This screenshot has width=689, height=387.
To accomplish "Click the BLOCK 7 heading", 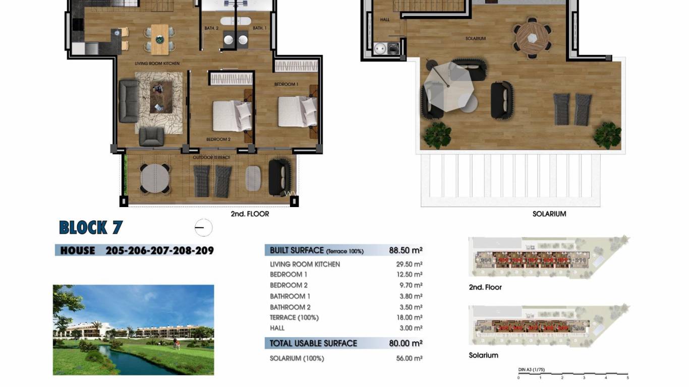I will (x=91, y=228).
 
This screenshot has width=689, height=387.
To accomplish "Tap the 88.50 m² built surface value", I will (x=406, y=250).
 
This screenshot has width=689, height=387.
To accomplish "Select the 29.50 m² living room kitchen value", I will (x=409, y=264).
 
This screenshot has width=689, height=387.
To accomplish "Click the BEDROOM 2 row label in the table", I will (x=289, y=285).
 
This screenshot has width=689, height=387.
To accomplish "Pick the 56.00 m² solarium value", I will (x=409, y=358).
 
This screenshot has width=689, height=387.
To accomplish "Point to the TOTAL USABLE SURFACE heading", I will (x=313, y=343).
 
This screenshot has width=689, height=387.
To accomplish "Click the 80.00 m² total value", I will (x=406, y=343).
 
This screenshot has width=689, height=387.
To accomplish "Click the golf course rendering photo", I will (x=133, y=330).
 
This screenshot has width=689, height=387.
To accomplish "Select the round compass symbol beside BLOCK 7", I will (x=203, y=228).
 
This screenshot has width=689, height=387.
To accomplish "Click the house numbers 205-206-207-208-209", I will (x=159, y=250).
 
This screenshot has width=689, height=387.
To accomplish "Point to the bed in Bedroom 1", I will (x=298, y=111).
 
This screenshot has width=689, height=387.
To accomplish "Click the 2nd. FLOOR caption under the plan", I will (x=250, y=214).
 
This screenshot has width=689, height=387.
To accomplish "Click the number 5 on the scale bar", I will (x=627, y=378).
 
